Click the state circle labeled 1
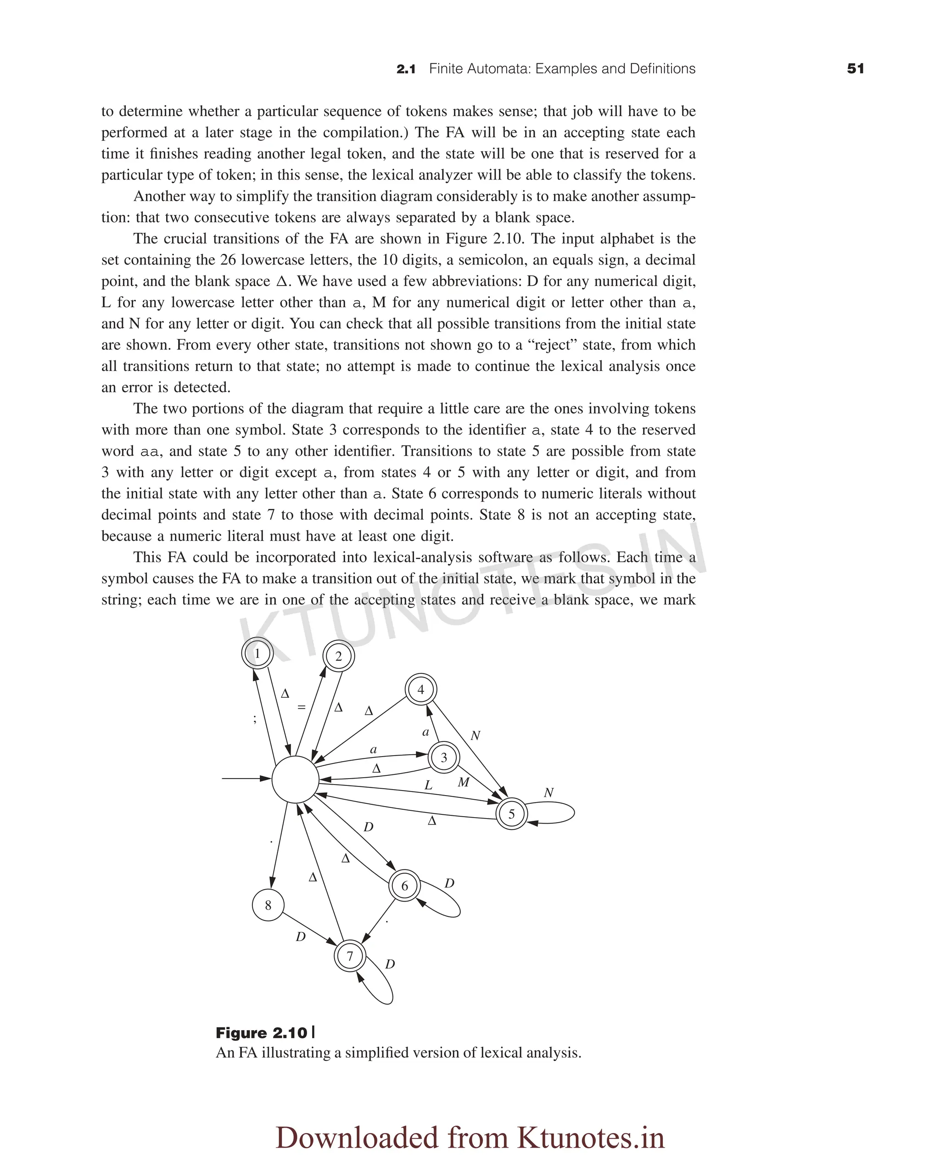[x=257, y=654]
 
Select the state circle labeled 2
[x=338, y=656]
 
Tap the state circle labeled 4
[x=421, y=690]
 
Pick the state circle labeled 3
[x=444, y=757]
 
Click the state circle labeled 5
[x=511, y=814]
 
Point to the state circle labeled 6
[x=404, y=886]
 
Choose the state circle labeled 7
[x=350, y=956]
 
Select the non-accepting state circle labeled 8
[x=268, y=905]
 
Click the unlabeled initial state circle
[x=295, y=779]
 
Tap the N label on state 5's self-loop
[x=548, y=793]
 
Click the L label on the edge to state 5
[x=428, y=785]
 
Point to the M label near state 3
[x=464, y=782]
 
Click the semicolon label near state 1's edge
[x=254, y=718]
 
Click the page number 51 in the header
[x=855, y=69]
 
